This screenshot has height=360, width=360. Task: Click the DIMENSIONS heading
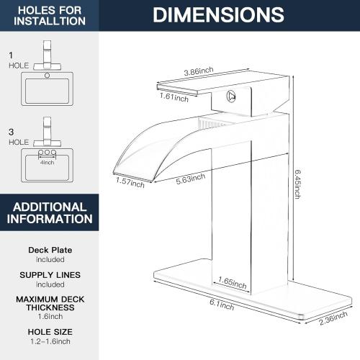click(218, 14)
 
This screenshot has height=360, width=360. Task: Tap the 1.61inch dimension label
click(174, 96)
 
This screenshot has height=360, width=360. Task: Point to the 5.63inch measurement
click(190, 176)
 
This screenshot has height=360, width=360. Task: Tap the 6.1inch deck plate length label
click(225, 306)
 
